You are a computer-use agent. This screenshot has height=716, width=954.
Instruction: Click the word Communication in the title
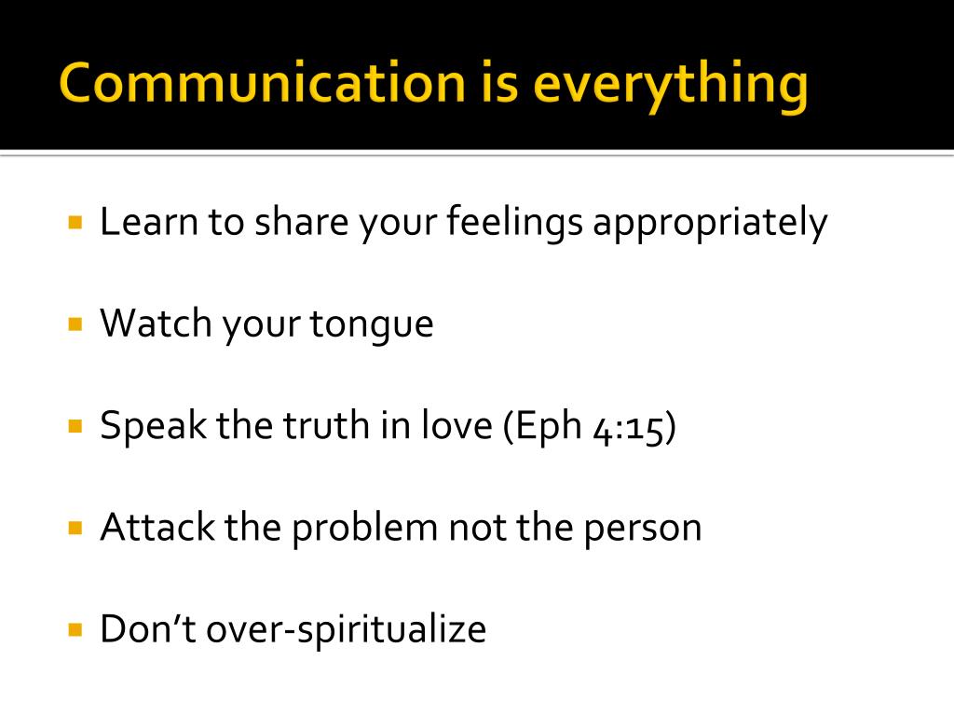261,84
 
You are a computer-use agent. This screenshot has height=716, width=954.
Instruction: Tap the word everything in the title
671,87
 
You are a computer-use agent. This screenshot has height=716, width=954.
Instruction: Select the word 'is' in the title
498,84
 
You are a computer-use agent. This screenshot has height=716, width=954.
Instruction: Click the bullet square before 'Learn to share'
76,223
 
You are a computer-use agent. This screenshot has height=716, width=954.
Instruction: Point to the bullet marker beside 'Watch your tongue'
76,324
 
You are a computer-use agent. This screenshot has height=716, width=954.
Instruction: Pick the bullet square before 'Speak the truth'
76,426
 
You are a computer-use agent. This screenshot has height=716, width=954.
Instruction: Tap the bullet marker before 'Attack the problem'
76,528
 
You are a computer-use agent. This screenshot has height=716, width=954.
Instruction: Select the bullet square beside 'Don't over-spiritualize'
76,629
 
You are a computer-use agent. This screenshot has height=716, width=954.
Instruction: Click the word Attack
157,527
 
